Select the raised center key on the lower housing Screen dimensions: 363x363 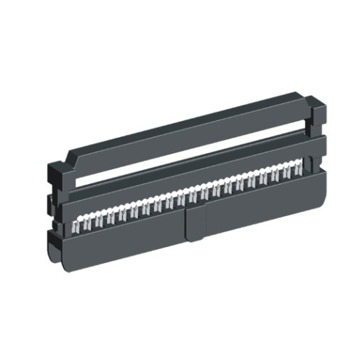point(195,223)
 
